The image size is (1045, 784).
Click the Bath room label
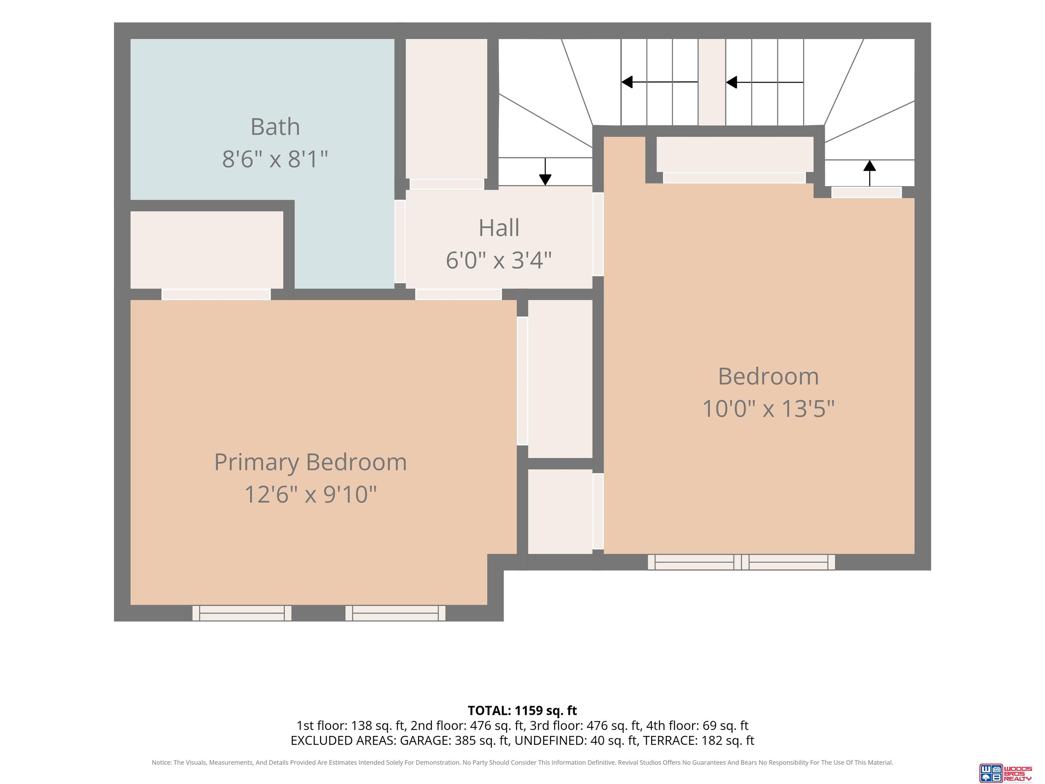275,127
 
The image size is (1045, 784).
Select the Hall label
499,228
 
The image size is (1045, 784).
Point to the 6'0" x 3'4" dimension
499,260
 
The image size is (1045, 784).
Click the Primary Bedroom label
310,462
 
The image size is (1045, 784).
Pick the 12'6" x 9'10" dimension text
310,494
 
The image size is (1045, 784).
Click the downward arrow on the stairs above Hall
545,171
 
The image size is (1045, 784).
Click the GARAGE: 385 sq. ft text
454,740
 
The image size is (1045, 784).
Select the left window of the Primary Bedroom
242,613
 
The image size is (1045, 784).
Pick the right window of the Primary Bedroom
395,613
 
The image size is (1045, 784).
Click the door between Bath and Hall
400,242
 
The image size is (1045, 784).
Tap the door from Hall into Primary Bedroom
458,294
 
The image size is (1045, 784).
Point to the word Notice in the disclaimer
162,762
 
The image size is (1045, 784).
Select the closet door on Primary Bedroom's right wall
522,381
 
